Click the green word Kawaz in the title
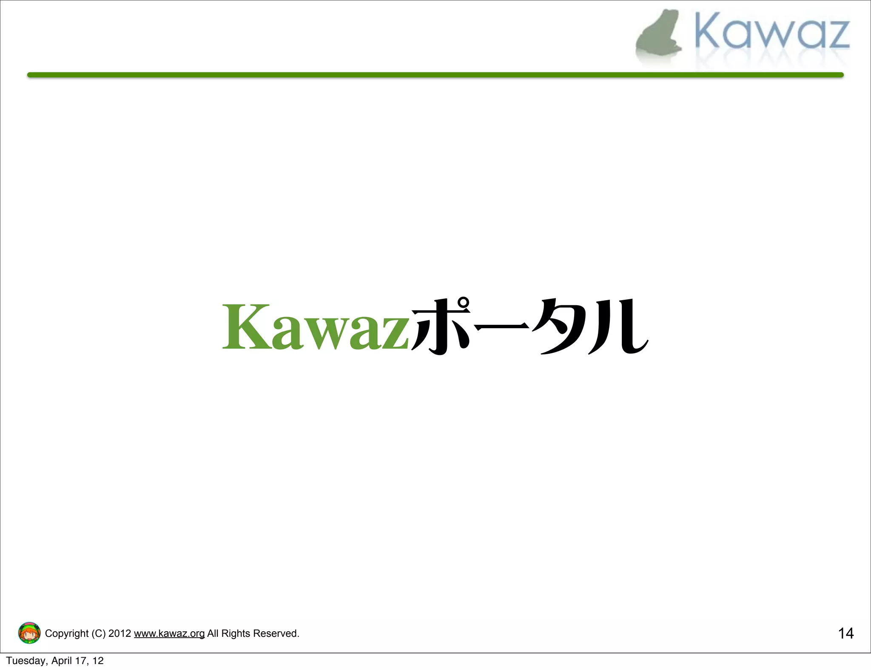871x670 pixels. [316, 327]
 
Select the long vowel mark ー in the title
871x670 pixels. [502, 327]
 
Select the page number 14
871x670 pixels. [845, 633]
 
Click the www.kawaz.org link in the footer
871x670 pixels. [169, 633]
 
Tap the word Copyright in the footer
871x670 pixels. [66, 633]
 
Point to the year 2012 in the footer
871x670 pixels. [120, 633]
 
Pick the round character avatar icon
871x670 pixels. [29, 633]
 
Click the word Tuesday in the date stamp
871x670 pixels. [26, 661]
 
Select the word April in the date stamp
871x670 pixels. [61, 661]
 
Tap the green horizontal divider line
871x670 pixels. [435, 75]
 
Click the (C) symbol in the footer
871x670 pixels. [98, 633]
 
